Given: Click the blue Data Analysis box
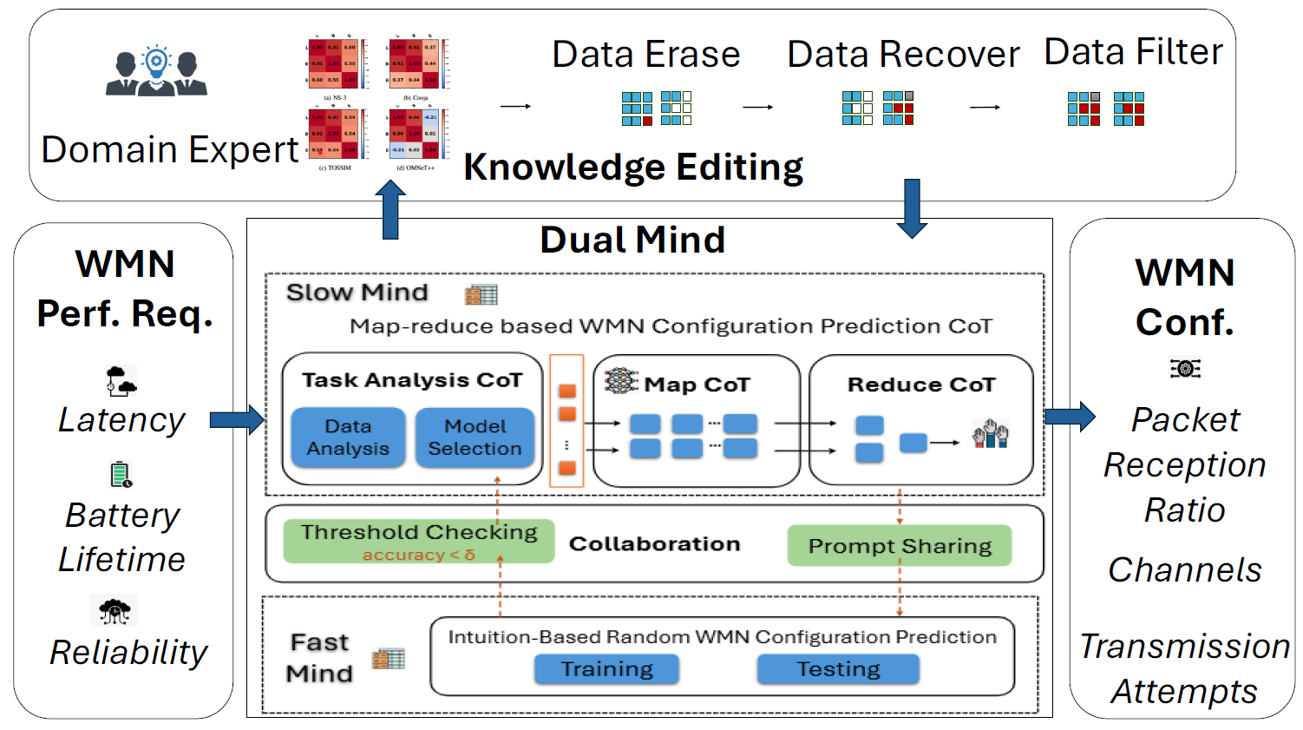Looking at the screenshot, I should click(x=348, y=437).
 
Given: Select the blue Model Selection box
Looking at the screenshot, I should click(x=475, y=437).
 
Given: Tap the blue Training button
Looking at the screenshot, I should click(x=606, y=669).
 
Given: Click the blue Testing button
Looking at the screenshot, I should click(x=838, y=669).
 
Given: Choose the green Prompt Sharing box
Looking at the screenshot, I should click(x=900, y=545).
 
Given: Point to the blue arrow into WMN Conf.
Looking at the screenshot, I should click(x=1070, y=417).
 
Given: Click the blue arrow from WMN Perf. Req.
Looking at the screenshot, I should click(x=237, y=420).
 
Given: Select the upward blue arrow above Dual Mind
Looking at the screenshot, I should click(x=390, y=210).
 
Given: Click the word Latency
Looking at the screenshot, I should click(x=121, y=420).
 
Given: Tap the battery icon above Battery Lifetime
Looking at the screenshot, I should click(x=121, y=475).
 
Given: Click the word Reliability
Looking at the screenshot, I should click(x=128, y=653).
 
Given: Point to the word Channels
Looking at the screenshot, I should click(x=1184, y=570).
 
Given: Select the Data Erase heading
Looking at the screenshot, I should click(x=646, y=55).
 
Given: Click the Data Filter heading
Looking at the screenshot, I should click(x=1133, y=52).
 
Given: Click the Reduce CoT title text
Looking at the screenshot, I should click(x=921, y=385).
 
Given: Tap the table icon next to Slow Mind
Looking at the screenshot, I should click(x=481, y=295).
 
